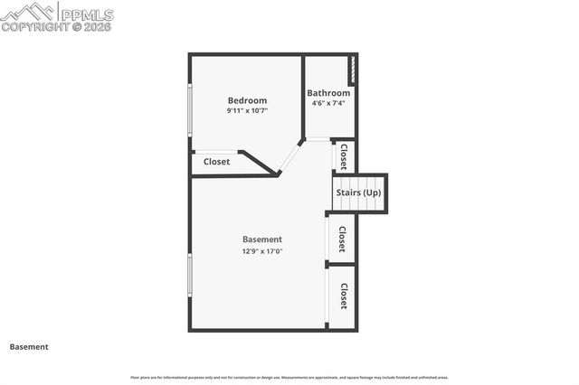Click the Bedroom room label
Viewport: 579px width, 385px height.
pyautogui.click(x=247, y=100)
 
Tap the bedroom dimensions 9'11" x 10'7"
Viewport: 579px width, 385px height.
pyautogui.click(x=247, y=111)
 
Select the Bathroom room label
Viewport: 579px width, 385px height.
pyautogui.click(x=328, y=93)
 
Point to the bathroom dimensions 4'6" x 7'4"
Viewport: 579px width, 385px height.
pyautogui.click(x=328, y=103)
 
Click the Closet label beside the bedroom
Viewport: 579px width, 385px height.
pyautogui.click(x=216, y=162)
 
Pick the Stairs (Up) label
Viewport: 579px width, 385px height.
pyautogui.click(x=358, y=192)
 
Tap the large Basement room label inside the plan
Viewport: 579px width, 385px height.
pyautogui.click(x=261, y=239)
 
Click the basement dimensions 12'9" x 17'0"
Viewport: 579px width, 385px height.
pyautogui.click(x=261, y=251)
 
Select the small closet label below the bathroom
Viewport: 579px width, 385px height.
pyautogui.click(x=344, y=156)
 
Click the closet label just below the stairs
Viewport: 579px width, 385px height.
pyautogui.click(x=343, y=239)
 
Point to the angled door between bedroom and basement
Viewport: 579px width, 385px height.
pyautogui.click(x=290, y=155)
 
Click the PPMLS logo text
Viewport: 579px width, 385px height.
pyautogui.click(x=86, y=13)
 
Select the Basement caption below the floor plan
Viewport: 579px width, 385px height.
pyautogui.click(x=29, y=347)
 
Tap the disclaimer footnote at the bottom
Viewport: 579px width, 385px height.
pyautogui.click(x=289, y=377)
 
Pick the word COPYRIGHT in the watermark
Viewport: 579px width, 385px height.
pyautogui.click(x=34, y=27)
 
